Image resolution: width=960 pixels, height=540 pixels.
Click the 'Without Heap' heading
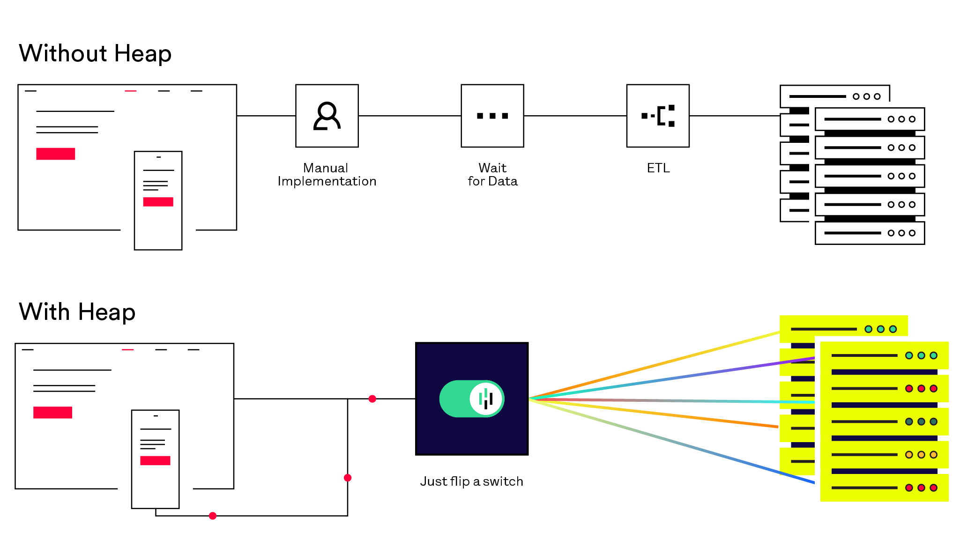[95, 53]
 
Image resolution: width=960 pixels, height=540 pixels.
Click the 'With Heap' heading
[77, 312]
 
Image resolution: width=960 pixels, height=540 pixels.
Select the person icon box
[327, 116]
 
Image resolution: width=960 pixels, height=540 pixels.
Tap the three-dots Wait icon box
[492, 116]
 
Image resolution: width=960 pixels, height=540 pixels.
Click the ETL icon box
[658, 116]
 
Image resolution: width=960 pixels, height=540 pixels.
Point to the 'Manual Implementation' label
[327, 175]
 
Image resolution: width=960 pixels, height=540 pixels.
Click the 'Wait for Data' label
[492, 175]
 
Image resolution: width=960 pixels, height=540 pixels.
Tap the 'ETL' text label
[658, 168]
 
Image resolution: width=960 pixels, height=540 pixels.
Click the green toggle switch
[472, 399]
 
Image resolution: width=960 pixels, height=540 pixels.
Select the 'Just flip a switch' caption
[471, 481]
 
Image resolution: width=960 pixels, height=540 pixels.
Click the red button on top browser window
[56, 154]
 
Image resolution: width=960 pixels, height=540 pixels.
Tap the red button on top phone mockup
[158, 202]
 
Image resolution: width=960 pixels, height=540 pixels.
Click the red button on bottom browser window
[52, 412]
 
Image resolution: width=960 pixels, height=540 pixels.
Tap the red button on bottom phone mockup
[155, 460]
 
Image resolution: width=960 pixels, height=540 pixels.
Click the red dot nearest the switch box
[372, 399]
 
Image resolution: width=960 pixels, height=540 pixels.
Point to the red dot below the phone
[213, 516]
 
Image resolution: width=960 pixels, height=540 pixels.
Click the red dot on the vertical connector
[348, 478]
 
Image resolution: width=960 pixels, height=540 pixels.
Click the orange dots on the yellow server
[921, 455]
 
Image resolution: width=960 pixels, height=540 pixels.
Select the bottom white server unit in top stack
[870, 233]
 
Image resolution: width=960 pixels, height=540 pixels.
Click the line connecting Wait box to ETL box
[575, 116]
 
